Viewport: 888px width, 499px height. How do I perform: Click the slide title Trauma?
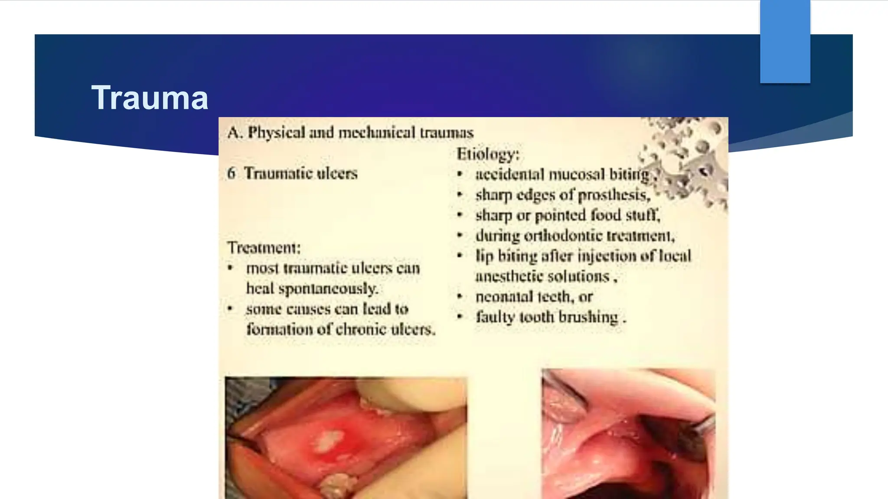click(150, 98)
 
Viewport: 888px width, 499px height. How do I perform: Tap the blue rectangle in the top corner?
click(785, 41)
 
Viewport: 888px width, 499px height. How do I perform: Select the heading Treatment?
click(264, 248)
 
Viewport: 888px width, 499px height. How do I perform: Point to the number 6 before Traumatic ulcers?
click(232, 173)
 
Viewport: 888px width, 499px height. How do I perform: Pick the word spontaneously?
click(328, 288)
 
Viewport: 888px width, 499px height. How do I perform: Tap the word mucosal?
click(576, 175)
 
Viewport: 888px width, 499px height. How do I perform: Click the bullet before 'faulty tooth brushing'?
click(460, 317)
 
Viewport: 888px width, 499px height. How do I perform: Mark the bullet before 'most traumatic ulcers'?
click(231, 268)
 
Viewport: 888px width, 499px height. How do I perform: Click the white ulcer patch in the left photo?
click(329, 440)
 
